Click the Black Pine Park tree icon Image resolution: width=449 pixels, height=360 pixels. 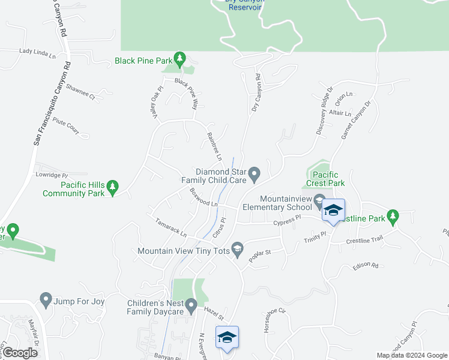click(x=179, y=59)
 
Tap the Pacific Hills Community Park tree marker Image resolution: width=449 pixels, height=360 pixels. click(x=113, y=189)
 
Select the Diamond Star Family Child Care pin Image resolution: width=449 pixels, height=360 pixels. click(x=255, y=175)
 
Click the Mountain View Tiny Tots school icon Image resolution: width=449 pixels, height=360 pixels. click(x=238, y=250)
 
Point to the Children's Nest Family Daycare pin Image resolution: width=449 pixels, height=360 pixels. click(x=191, y=307)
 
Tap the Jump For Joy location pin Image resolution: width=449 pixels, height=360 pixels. click(x=46, y=299)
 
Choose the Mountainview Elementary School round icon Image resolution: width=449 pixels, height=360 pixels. click(x=319, y=199)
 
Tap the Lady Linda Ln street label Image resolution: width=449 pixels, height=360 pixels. click(x=37, y=53)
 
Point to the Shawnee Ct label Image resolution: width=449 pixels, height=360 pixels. click(x=80, y=91)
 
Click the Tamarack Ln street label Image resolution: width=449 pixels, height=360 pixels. click(x=172, y=226)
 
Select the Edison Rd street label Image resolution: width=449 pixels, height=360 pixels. click(x=366, y=265)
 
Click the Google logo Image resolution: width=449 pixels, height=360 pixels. click(x=20, y=353)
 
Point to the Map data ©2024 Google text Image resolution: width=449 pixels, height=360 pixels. click(x=411, y=355)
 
